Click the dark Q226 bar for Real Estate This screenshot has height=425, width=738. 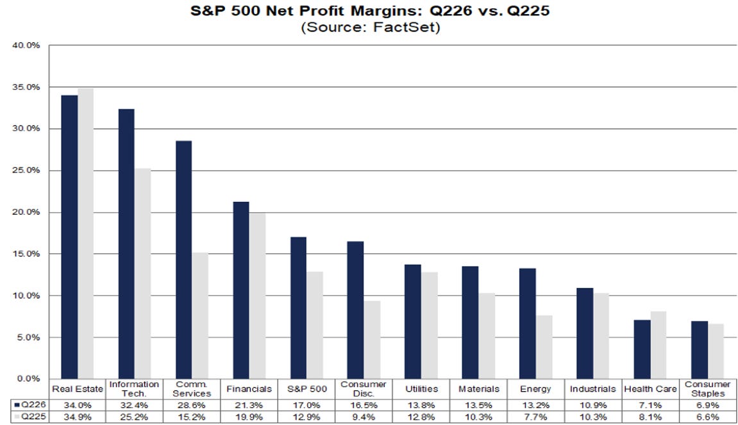click(70, 237)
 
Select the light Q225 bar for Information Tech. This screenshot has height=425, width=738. click(142, 274)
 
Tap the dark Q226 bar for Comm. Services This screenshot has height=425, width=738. click(183, 260)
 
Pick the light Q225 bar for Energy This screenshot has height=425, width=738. click(544, 347)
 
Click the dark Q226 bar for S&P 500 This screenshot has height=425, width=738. click(298, 308)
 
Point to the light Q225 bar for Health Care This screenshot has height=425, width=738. click(658, 345)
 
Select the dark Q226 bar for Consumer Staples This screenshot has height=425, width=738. click(700, 350)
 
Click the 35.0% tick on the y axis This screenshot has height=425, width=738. click(26, 87)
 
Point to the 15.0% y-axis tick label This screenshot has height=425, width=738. click(26, 254)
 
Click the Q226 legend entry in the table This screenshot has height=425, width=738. click(31, 404)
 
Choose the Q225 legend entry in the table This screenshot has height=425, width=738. click(31, 417)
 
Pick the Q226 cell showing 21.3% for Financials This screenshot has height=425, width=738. click(249, 405)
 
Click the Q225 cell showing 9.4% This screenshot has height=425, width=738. click(364, 417)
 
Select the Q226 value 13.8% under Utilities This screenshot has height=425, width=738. click(421, 405)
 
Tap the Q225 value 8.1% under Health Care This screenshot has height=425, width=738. click(650, 417)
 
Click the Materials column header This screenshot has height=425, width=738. click(479, 389)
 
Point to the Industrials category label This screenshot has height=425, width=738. click(592, 389)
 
